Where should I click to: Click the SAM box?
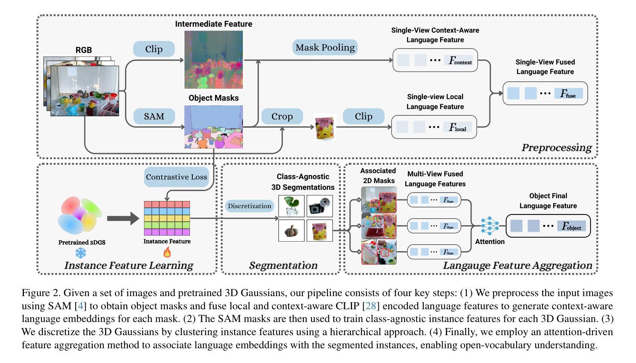154,116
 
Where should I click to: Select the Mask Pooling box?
325,47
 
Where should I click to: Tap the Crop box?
282,116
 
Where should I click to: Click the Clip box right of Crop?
363,116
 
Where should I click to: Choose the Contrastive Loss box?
176,177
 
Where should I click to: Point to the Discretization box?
249,206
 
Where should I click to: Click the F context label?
460,61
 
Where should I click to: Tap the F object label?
571,226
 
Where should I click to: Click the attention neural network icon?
489,226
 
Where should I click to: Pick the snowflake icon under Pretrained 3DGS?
81,253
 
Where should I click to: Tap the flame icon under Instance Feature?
167,252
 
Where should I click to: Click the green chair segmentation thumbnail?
292,206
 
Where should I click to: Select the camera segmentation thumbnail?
320,206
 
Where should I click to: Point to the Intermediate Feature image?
213,60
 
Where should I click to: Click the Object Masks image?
213,127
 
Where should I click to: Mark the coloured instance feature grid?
167,218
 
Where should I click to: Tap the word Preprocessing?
556,148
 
